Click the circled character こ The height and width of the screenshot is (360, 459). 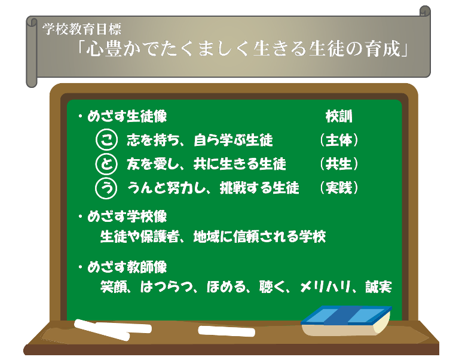pyautogui.click(x=106, y=140)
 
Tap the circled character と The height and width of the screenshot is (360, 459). pyautogui.click(x=106, y=164)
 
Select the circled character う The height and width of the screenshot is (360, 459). pyautogui.click(x=106, y=188)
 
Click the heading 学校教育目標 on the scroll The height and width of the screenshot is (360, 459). pyautogui.click(x=82, y=29)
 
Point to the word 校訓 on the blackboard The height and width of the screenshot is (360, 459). pyautogui.click(x=339, y=117)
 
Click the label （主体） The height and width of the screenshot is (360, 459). pyautogui.click(x=339, y=140)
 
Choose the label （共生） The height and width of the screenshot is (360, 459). pyautogui.click(x=339, y=164)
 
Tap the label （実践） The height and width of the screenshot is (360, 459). pyautogui.click(x=339, y=188)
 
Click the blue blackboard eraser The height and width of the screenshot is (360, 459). pyautogui.click(x=346, y=321)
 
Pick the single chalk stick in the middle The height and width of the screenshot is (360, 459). pyautogui.click(x=227, y=331)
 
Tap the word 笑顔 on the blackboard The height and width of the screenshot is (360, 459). pyautogui.click(x=114, y=287)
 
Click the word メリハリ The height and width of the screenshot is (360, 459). pyautogui.click(x=326, y=287)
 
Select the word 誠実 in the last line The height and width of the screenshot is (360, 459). pyautogui.click(x=378, y=287)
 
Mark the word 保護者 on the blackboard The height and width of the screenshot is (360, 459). pyautogui.click(x=160, y=237)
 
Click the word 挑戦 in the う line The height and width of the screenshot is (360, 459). pyautogui.click(x=233, y=188)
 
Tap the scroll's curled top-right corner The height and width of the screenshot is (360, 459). pyautogui.click(x=425, y=11)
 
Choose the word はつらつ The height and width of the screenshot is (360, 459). pyautogui.click(x=167, y=287)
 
